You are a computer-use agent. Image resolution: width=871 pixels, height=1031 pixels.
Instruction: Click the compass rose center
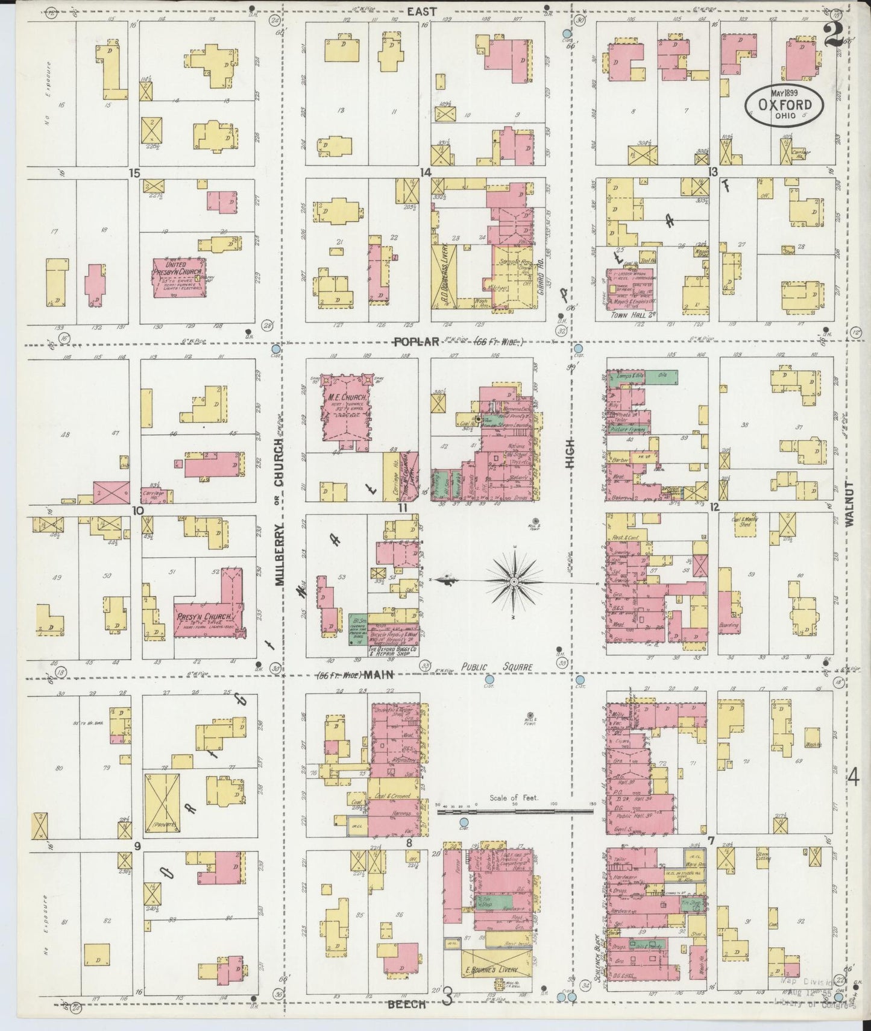tap(513, 581)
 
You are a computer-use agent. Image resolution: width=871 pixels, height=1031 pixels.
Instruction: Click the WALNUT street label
tap(851, 504)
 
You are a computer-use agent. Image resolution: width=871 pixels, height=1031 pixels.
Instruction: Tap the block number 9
tap(137, 847)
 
